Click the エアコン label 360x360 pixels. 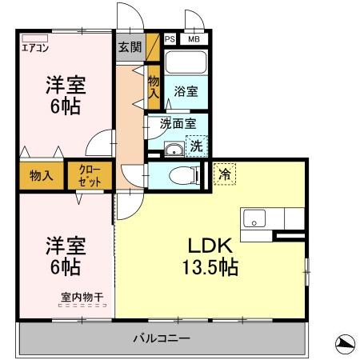(34, 47)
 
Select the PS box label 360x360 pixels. (170, 38)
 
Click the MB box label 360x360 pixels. (193, 38)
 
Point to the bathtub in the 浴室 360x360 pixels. (186, 65)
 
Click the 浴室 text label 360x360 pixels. (186, 92)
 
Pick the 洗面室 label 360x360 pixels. (178, 123)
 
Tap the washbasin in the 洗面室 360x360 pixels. (173, 148)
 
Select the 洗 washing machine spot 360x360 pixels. (196, 146)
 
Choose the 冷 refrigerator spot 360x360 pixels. (225, 172)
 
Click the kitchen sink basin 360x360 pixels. (255, 218)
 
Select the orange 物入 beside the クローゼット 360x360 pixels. (41, 176)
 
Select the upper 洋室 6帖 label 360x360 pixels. (64, 94)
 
